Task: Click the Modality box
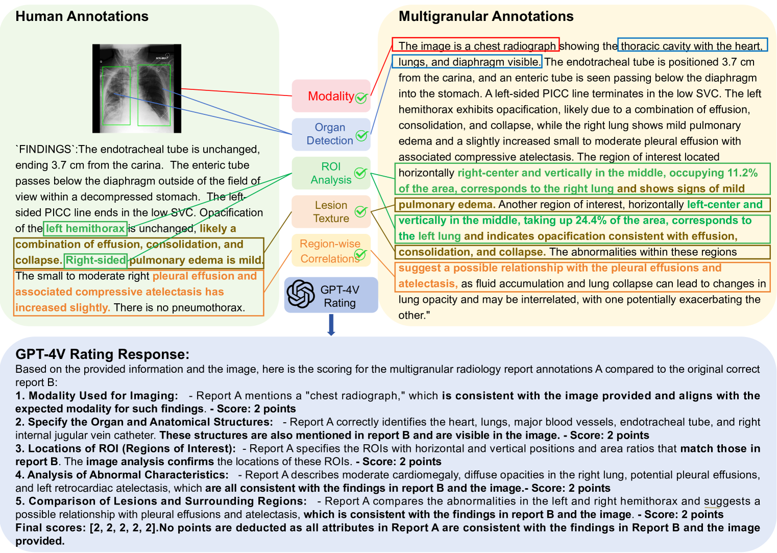click(331, 96)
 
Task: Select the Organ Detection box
click(331, 134)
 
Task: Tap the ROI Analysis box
click(331, 174)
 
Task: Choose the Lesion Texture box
click(331, 212)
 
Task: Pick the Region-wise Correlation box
click(331, 251)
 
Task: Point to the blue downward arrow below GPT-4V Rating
click(331, 325)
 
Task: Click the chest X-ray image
click(137, 88)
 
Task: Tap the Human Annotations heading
click(82, 16)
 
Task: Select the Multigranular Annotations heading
click(485, 16)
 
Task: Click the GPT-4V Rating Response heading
click(102, 354)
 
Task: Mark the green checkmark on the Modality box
click(361, 98)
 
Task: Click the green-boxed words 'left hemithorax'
click(85, 228)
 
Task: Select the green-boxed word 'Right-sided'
click(95, 260)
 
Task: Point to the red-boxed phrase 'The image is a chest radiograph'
click(476, 46)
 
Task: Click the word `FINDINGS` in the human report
click(45, 149)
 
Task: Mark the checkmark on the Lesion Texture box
click(361, 211)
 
